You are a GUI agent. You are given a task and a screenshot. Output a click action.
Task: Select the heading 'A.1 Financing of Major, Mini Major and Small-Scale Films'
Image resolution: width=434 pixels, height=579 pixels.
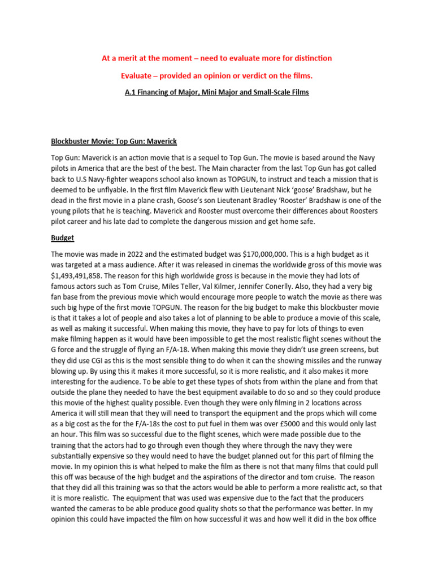(216, 92)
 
